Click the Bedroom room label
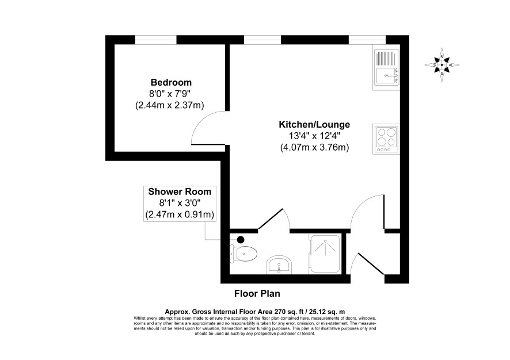(171, 82)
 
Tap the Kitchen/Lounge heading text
(314, 124)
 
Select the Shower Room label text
(180, 192)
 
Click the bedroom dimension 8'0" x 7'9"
(169, 94)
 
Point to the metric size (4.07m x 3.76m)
(314, 148)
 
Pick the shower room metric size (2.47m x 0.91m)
(180, 215)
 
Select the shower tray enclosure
(325, 254)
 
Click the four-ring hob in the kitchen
(386, 139)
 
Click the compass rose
(442, 65)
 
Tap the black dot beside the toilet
(241, 240)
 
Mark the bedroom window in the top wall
(156, 40)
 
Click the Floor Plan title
(257, 294)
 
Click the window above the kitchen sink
(367, 40)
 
